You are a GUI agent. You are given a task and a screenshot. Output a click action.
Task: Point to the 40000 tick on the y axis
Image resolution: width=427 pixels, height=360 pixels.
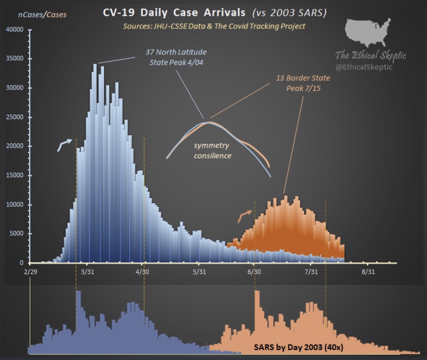(x=17, y=30)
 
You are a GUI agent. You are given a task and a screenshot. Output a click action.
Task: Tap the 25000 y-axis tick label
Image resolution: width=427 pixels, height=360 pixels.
(x=17, y=117)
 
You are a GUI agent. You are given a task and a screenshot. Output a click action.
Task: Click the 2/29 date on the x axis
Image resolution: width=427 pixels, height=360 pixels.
(x=31, y=272)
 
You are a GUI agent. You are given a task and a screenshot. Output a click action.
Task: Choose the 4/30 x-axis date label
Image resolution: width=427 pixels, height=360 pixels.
(x=143, y=272)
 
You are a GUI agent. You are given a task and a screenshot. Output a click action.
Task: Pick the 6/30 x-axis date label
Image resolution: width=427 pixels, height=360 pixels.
(x=254, y=272)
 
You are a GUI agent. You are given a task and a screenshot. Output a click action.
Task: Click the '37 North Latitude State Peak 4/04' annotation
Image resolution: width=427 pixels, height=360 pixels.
(x=176, y=57)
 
